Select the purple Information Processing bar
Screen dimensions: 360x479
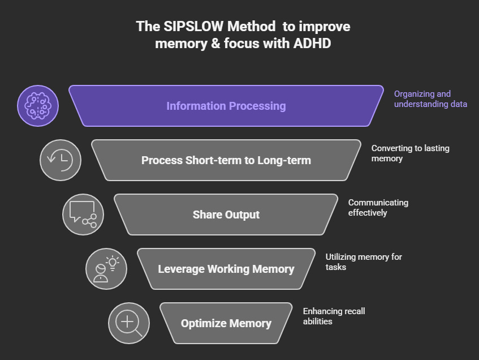tap(226, 106)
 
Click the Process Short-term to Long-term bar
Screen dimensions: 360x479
tap(226, 160)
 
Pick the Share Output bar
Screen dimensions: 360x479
tap(226, 215)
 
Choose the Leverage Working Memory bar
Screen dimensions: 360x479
tap(226, 269)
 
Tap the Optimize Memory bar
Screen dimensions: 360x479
tap(226, 323)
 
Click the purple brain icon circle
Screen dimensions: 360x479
tap(38, 106)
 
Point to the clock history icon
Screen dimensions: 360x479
tap(61, 160)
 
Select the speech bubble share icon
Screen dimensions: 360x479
tap(83, 215)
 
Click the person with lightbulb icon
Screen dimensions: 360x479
tap(106, 269)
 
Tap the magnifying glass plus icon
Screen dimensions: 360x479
tap(128, 323)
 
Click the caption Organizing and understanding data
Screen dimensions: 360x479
tap(430, 99)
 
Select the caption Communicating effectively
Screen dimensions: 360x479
tap(378, 208)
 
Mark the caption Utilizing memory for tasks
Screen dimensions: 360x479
tap(364, 262)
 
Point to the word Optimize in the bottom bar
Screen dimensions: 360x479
tap(202, 323)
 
